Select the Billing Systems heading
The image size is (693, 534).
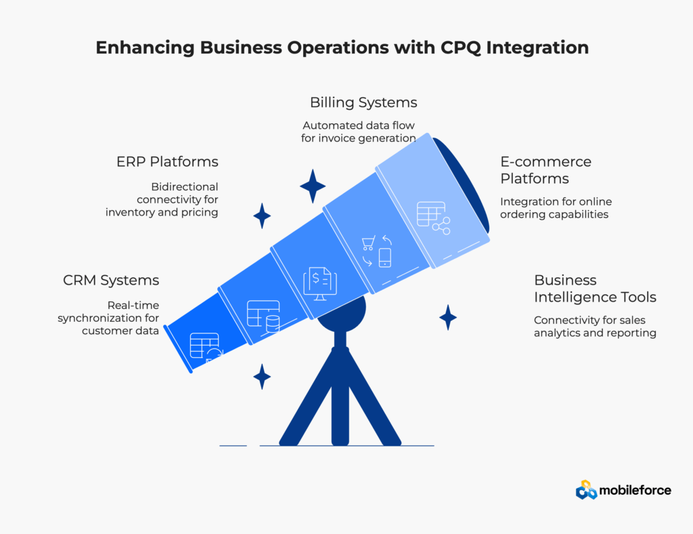coord(363,102)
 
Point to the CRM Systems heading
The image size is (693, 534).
coord(111,280)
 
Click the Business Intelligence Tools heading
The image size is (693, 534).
coord(595,289)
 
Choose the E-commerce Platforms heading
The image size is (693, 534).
coord(545,170)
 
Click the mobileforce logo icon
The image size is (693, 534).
coord(586,490)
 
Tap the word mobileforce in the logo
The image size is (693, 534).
coord(635,490)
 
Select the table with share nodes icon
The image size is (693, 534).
coord(433,218)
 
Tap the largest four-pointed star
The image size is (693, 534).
coord(313,186)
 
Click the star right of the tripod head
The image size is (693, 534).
coord(448,316)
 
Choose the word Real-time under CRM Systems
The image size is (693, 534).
coord(133,305)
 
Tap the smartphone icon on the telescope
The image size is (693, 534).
coord(385,258)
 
